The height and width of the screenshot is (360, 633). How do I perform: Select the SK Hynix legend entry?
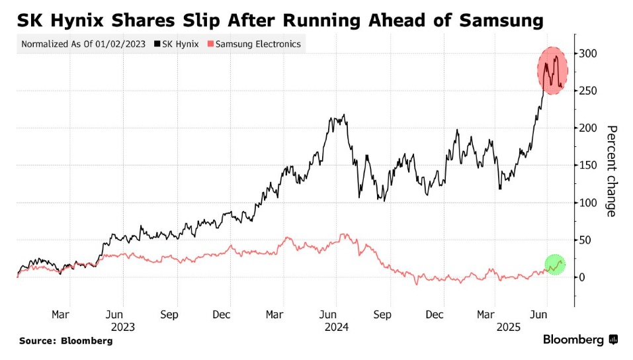pos(178,44)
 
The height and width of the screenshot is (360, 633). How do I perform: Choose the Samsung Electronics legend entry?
pos(254,44)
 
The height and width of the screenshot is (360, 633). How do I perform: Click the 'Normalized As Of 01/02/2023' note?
pos(83,44)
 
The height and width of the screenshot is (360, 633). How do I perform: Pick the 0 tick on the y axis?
pos(583,277)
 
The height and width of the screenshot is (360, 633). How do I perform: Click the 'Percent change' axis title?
pos(612,171)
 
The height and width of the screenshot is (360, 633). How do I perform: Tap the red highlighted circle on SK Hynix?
pos(552,70)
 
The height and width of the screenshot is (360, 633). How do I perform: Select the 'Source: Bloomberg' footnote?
pos(65,341)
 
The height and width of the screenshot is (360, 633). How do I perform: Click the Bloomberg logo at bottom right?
pos(580,339)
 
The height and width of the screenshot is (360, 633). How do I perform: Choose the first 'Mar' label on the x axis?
pos(60,315)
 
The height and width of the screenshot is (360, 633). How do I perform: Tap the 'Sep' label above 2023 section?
pos(169,315)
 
